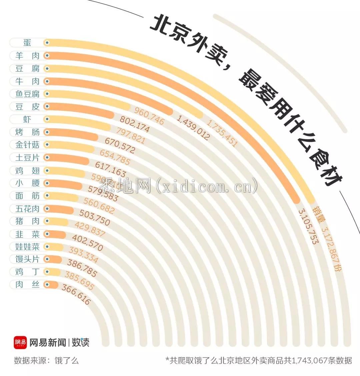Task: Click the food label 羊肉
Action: click(27, 56)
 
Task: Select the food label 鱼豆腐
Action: click(27, 94)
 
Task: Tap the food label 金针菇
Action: click(27, 145)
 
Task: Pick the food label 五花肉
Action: click(27, 209)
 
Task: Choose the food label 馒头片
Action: click(27, 259)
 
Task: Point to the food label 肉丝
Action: click(27, 285)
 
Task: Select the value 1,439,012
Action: click(193, 127)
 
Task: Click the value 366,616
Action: click(76, 295)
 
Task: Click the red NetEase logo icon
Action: click(20, 342)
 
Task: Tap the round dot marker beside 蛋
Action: click(47, 43)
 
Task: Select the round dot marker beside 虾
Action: click(47, 119)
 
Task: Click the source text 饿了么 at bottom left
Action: click(67, 361)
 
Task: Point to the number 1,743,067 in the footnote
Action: click(313, 361)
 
